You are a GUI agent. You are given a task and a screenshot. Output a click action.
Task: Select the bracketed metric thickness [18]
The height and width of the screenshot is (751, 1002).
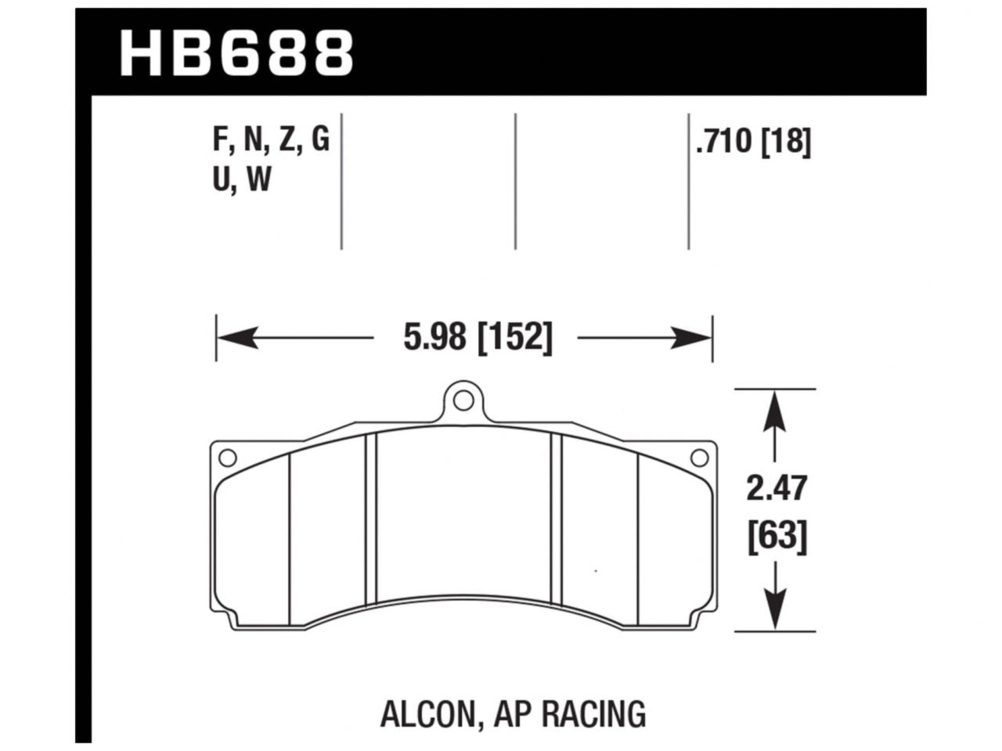tap(785, 142)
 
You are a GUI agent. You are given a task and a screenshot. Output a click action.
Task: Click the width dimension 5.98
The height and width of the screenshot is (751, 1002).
tap(434, 338)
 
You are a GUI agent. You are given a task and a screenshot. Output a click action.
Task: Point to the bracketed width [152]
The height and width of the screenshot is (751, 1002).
tap(514, 338)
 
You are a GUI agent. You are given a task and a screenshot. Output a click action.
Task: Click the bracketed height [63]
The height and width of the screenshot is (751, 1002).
tap(775, 537)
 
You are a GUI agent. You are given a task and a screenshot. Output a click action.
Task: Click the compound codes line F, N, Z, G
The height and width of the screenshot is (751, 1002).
tap(271, 141)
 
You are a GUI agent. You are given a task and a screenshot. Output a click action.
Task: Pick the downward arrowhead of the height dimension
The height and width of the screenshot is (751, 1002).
tap(775, 611)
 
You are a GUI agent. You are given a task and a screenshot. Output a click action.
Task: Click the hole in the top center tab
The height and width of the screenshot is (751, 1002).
tap(463, 403)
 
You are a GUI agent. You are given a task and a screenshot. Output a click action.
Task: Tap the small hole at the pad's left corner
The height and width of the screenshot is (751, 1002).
tap(227, 457)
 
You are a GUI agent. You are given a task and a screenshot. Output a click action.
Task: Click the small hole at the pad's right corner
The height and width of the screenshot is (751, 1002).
tap(699, 457)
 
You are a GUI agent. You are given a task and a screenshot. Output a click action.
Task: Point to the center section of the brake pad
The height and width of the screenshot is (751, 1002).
tap(463, 516)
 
